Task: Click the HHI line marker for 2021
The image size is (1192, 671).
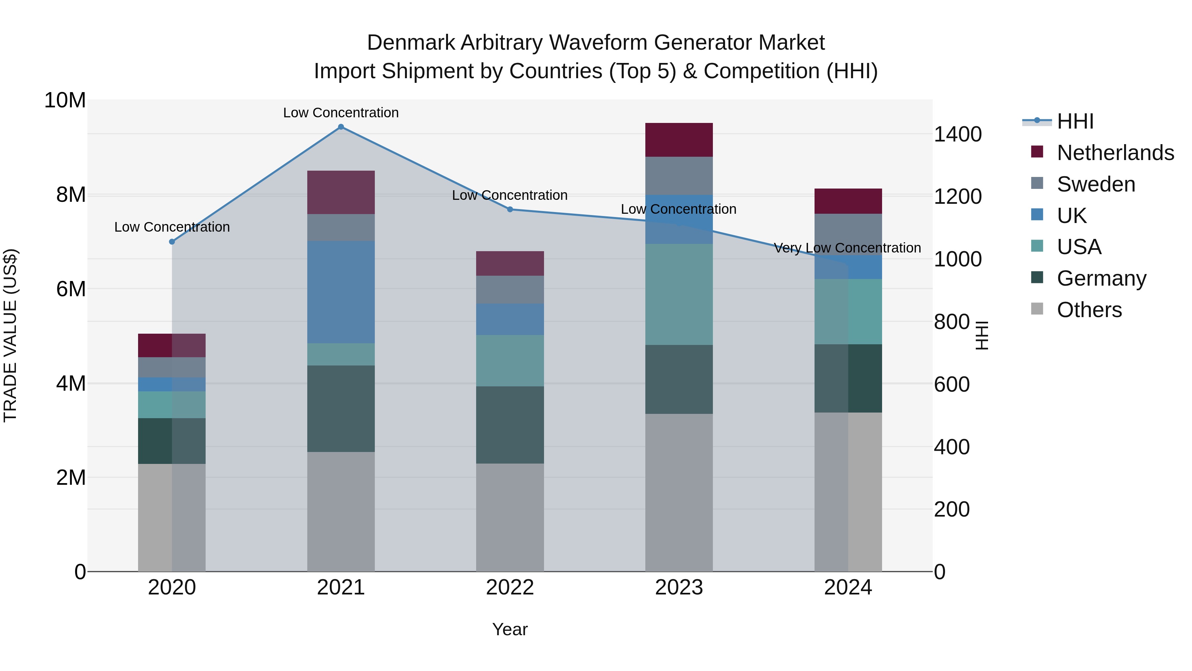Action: click(341, 127)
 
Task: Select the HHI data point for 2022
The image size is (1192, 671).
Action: click(510, 209)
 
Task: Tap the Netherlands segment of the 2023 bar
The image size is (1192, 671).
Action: click(679, 140)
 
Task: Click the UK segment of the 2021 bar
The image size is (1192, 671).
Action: click(341, 292)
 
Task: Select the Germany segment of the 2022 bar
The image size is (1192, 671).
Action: click(510, 425)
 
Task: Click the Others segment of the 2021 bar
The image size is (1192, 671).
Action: click(341, 511)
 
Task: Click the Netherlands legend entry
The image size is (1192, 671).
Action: click(1115, 153)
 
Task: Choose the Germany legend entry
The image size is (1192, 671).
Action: click(1101, 278)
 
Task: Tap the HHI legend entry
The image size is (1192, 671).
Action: click(1075, 121)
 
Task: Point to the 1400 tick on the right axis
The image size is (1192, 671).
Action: click(957, 134)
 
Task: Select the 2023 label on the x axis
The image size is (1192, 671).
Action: click(679, 587)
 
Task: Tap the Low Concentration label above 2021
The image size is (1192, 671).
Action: click(341, 113)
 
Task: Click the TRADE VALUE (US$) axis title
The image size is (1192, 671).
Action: click(10, 335)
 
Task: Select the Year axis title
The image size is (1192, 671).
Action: click(510, 629)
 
